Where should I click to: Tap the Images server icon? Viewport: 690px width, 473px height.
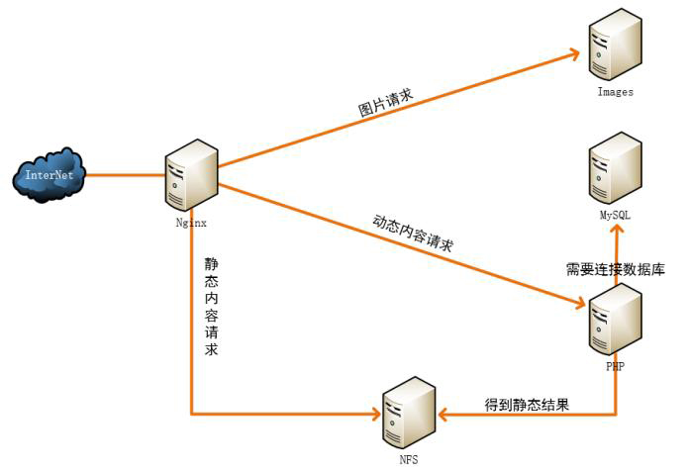614,46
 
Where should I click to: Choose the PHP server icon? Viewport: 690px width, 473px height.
613,324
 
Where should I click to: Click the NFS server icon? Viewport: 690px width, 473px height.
408,413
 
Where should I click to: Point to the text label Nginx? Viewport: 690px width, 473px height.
191,224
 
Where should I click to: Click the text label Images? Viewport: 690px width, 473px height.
615,92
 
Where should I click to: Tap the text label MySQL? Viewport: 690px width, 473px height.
615,215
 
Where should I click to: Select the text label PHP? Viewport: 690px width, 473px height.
614,367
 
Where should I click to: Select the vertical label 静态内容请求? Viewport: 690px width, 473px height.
211,307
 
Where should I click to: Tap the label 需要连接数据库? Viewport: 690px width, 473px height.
615,268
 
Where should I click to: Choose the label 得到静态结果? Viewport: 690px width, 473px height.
526,405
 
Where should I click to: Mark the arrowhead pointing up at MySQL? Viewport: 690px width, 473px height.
616,230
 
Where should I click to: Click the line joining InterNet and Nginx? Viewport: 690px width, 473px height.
124,175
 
